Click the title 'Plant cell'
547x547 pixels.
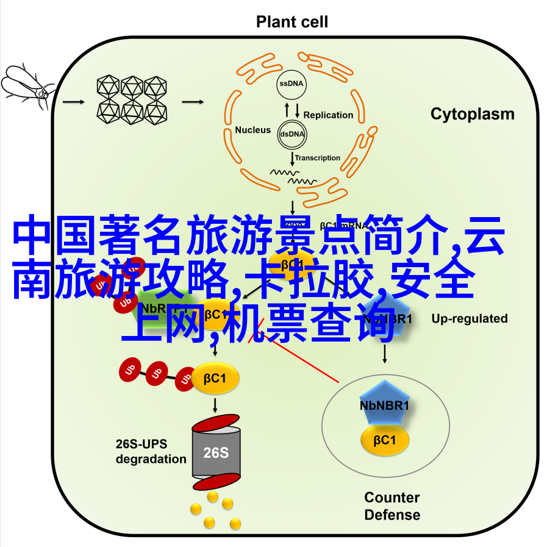click(x=291, y=23)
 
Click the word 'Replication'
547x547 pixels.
click(x=328, y=115)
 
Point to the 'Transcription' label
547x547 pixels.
click(x=318, y=158)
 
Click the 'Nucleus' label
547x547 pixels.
click(x=252, y=129)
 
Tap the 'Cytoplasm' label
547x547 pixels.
click(x=472, y=114)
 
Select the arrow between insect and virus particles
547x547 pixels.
click(x=74, y=102)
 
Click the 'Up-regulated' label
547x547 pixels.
click(x=469, y=318)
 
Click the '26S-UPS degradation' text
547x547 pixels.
click(x=151, y=452)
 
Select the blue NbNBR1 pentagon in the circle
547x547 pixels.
click(x=384, y=404)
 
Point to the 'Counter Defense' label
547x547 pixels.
click(x=392, y=506)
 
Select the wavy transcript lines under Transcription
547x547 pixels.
click(x=293, y=177)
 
